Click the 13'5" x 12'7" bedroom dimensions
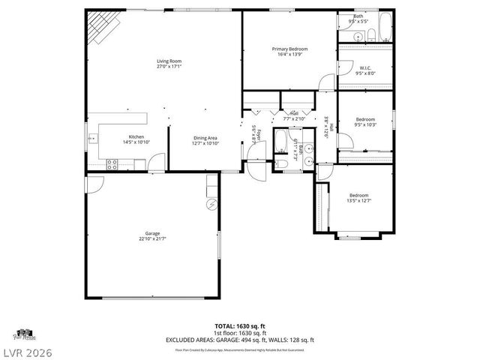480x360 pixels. click(359, 200)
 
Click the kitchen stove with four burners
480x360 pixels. click(113, 163)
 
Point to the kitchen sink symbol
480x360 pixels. click(93, 138)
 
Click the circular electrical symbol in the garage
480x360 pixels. click(211, 204)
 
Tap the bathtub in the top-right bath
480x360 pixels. click(383, 28)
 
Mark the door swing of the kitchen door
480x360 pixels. click(156, 161)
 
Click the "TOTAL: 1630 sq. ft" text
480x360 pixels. click(239, 325)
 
